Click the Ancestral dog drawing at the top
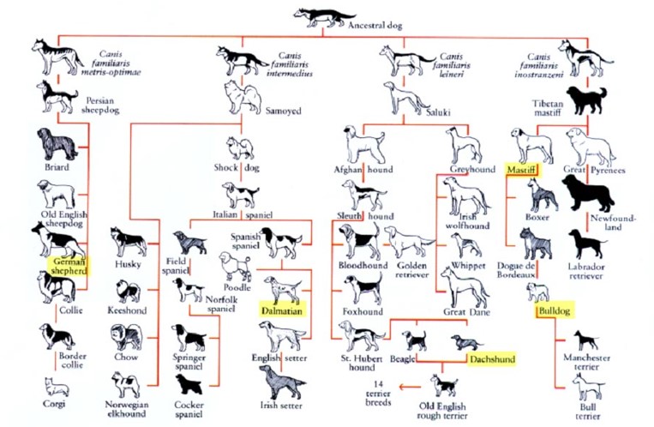pyautogui.click(x=320, y=18)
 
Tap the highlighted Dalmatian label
pyautogui.click(x=282, y=310)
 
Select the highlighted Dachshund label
pyautogui.click(x=492, y=359)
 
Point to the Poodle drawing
pyautogui.click(x=236, y=267)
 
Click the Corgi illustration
pyautogui.click(x=57, y=387)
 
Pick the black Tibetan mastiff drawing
pyautogui.click(x=586, y=100)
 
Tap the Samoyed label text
pyautogui.click(x=283, y=111)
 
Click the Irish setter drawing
pyautogui.click(x=282, y=382)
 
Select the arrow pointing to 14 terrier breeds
pyautogui.click(x=410, y=387)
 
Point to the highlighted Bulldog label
pyautogui.click(x=555, y=310)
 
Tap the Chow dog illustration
pyautogui.click(x=126, y=337)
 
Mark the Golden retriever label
pyautogui.click(x=411, y=270)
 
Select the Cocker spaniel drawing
pyautogui.click(x=189, y=385)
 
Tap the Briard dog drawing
pyautogui.click(x=57, y=144)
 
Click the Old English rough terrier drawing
pyautogui.click(x=444, y=386)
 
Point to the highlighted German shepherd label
pyautogui.click(x=69, y=267)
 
